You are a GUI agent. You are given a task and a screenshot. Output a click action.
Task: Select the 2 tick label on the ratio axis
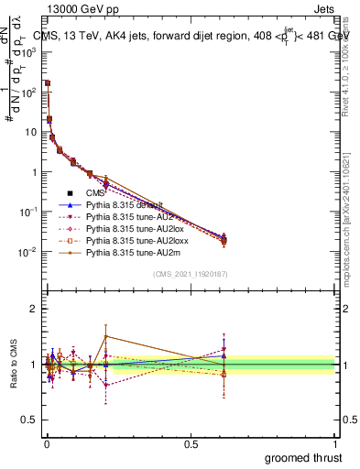click(x=34, y=309)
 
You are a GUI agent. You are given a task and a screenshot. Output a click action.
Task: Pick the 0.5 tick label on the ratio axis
click(x=30, y=420)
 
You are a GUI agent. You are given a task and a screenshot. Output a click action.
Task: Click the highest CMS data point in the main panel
click(x=48, y=83)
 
